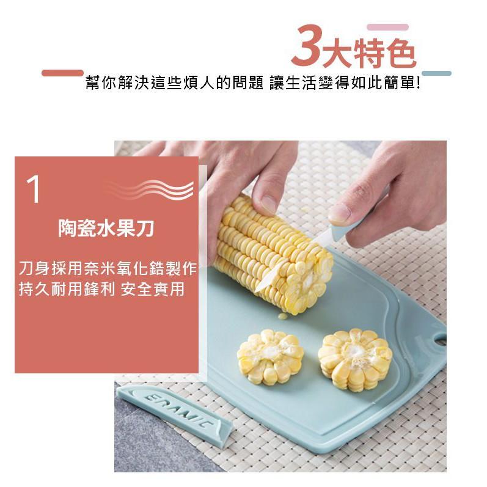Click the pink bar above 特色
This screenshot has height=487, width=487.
387,27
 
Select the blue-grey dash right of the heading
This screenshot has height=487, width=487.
436,73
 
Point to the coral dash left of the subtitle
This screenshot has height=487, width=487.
62,73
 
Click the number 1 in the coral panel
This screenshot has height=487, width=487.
34,190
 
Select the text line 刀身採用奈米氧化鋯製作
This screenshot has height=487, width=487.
107,268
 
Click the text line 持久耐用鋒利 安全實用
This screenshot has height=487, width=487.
101,289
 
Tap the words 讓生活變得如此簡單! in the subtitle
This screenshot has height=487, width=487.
344,82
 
